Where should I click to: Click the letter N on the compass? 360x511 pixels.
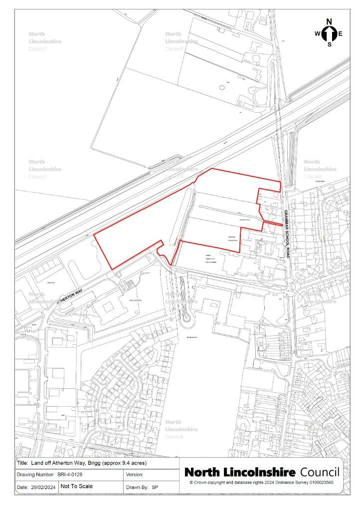pos(329,21)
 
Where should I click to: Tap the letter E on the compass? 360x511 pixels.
pos(341,34)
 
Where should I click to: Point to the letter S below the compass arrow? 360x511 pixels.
pos(329,44)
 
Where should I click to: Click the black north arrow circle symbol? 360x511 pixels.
pos(329,33)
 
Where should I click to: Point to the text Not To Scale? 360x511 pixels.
pos(77,486)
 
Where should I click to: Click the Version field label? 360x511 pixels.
pos(136,475)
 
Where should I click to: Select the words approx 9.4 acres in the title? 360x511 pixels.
pos(123,463)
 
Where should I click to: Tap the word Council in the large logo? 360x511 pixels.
pos(320,472)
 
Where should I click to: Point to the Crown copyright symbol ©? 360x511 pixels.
pos(191,483)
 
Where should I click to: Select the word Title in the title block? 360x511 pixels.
pos(22,463)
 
